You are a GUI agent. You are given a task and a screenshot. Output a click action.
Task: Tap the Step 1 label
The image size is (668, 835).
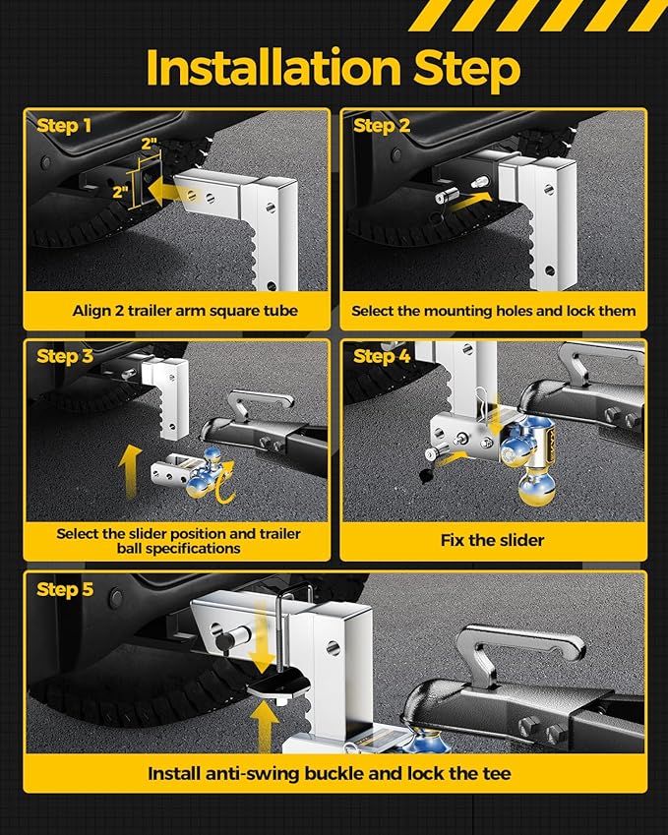pyautogui.click(x=64, y=126)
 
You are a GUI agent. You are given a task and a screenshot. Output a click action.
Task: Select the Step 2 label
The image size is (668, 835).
pyautogui.click(x=381, y=126)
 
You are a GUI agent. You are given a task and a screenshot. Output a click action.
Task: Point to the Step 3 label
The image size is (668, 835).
pyautogui.click(x=64, y=356)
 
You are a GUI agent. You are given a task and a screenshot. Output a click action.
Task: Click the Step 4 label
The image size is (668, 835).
pyautogui.click(x=381, y=356)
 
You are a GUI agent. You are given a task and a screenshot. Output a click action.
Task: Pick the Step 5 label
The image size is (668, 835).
pyautogui.click(x=64, y=589)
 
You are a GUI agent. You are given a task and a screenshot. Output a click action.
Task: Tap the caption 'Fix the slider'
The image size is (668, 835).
pyautogui.click(x=493, y=540)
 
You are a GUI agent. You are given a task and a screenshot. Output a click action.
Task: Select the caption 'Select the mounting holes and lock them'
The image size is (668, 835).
pyautogui.click(x=494, y=311)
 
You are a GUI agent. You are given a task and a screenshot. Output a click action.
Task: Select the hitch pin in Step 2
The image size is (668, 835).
pyautogui.click(x=444, y=196)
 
